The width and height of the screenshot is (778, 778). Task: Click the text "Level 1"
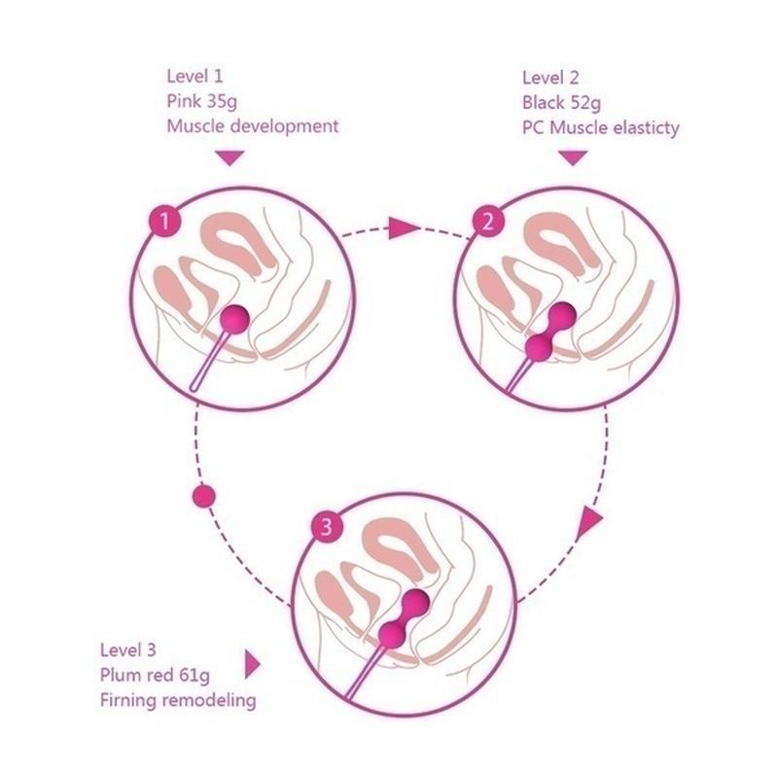[x=196, y=77]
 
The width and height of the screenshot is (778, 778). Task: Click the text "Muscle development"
[x=252, y=125]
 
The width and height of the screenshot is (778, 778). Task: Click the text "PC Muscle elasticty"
[x=600, y=126]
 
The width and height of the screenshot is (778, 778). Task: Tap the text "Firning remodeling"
[x=178, y=699]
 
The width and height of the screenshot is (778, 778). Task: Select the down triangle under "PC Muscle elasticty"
[x=573, y=157]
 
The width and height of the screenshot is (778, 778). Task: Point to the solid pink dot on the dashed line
[x=204, y=495]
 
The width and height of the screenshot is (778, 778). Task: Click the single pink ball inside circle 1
[x=235, y=317]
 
